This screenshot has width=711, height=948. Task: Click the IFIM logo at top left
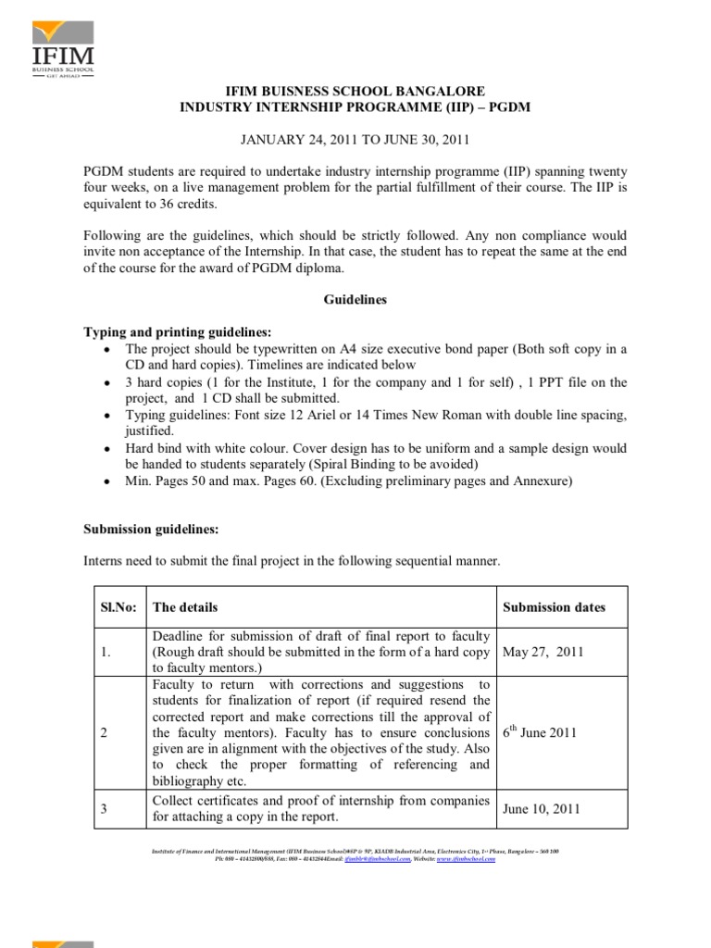tap(66, 45)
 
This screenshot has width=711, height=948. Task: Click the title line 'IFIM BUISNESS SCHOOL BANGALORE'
tap(355, 93)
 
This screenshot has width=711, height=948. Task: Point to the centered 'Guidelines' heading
tap(355, 301)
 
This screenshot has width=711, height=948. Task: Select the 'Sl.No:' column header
tap(118, 607)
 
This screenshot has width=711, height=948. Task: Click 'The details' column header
tap(185, 607)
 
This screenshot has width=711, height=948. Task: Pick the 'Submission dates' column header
tap(554, 607)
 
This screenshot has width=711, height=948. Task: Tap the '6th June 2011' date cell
tap(541, 732)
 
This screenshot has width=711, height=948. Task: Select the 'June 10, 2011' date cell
tap(542, 808)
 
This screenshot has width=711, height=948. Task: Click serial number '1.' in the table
tap(106, 652)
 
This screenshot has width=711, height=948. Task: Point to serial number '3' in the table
tap(105, 808)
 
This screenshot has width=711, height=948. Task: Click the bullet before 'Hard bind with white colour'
tap(109, 449)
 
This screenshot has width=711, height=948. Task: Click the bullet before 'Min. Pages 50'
tap(109, 482)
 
